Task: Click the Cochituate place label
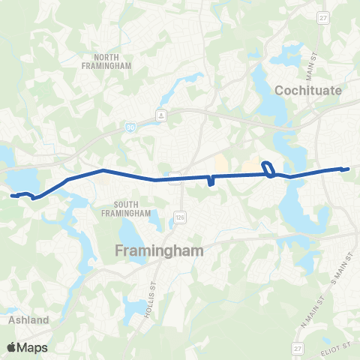308,90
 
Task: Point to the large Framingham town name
159,251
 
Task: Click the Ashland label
29,319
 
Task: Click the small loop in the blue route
267,169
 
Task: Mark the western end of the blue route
12,195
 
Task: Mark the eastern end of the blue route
349,169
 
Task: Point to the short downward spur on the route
211,182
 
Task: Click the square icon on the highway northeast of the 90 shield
160,115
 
